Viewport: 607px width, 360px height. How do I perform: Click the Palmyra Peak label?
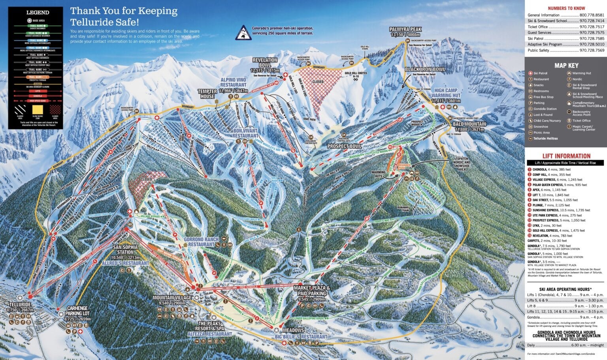pyautogui.click(x=405, y=30)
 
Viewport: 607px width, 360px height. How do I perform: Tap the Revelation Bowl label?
pyautogui.click(x=265, y=62)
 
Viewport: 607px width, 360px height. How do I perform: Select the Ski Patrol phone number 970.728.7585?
pyautogui.click(x=592, y=39)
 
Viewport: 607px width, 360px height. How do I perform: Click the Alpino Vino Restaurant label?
pyautogui.click(x=233, y=82)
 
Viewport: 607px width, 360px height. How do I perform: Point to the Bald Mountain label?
pyautogui.click(x=469, y=124)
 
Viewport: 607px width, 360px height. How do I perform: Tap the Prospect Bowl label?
pyautogui.click(x=344, y=146)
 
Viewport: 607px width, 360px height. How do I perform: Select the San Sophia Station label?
pyautogui.click(x=125, y=249)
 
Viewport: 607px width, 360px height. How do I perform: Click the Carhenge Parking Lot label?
pyautogui.click(x=77, y=311)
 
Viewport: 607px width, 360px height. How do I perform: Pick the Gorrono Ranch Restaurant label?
pyautogui.click(x=201, y=242)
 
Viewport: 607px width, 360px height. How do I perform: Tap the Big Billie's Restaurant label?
pyautogui.click(x=301, y=337)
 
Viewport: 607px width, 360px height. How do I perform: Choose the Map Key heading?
pyautogui.click(x=566, y=66)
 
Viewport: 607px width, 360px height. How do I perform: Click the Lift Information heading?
pyautogui.click(x=566, y=156)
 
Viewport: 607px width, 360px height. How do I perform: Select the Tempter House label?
pyautogui.click(x=207, y=94)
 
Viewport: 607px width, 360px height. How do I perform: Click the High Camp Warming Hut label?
pyautogui.click(x=447, y=93)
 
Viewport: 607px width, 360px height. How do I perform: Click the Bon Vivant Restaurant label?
pyautogui.click(x=245, y=133)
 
